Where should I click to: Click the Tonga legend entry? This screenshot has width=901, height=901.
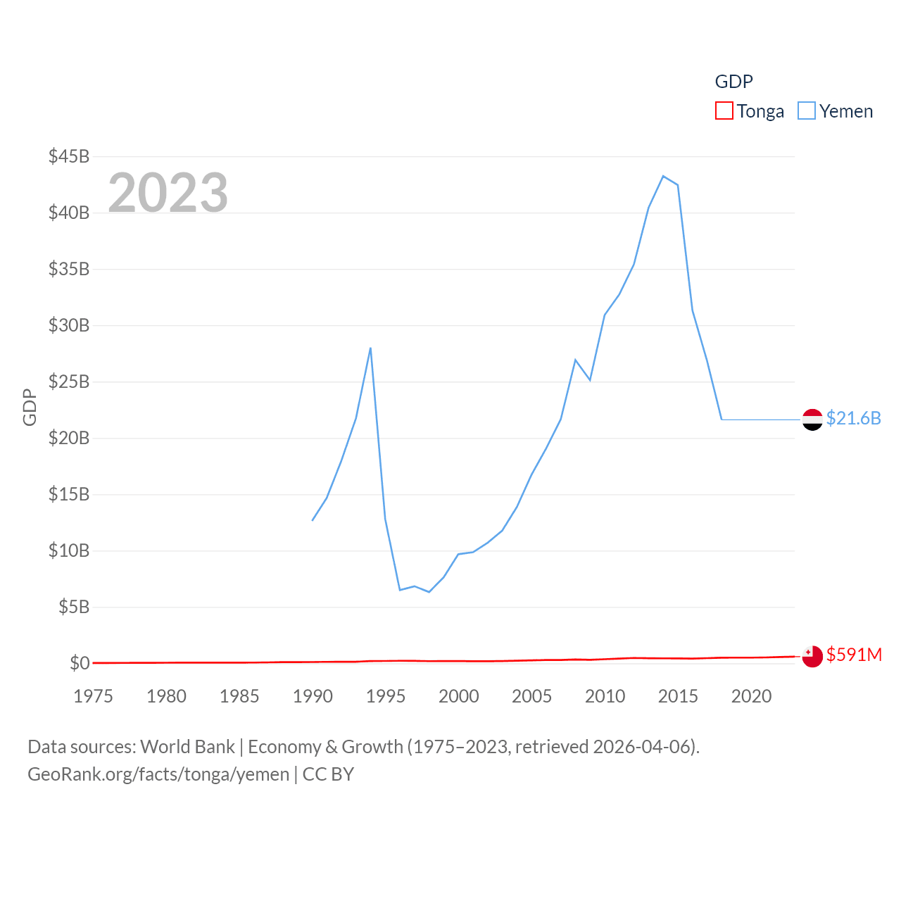pyautogui.click(x=750, y=111)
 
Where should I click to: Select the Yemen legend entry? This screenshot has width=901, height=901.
pyautogui.click(x=836, y=111)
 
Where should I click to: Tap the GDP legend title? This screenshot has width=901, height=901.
pyautogui.click(x=733, y=82)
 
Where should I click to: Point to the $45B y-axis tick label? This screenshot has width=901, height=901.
pyautogui.click(x=69, y=156)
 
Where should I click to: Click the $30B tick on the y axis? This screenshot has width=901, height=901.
pyautogui.click(x=69, y=325)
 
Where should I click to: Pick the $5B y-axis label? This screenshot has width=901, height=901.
pyautogui.click(x=74, y=607)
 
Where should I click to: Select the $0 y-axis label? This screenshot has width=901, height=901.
pyautogui.click(x=80, y=663)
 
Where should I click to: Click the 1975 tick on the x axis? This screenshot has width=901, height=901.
pyautogui.click(x=93, y=696)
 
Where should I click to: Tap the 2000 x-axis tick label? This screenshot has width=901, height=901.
pyautogui.click(x=458, y=696)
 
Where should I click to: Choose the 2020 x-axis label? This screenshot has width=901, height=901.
pyautogui.click(x=751, y=696)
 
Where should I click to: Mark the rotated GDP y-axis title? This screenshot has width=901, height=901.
pyautogui.click(x=30, y=407)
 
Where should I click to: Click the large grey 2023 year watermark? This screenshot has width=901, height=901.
pyautogui.click(x=168, y=193)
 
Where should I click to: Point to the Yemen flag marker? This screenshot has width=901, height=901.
pyautogui.click(x=812, y=420)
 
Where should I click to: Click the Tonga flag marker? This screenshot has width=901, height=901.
pyautogui.click(x=812, y=656)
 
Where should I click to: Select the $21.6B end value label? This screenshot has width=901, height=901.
pyautogui.click(x=853, y=418)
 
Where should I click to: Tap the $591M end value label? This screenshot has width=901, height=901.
pyautogui.click(x=854, y=655)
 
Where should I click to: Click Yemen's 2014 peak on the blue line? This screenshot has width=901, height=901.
pyautogui.click(x=663, y=176)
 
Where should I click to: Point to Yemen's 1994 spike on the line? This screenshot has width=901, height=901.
pyautogui.click(x=370, y=348)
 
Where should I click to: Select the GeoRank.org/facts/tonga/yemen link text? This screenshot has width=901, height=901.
pyautogui.click(x=158, y=774)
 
